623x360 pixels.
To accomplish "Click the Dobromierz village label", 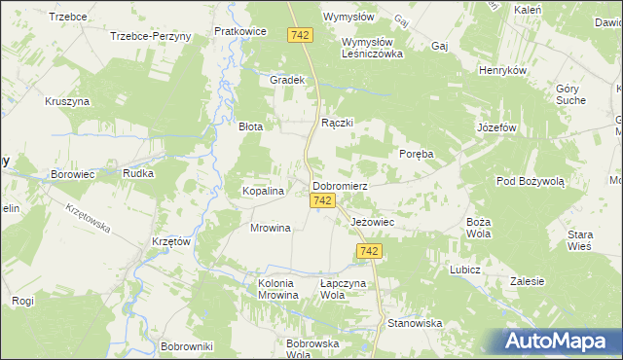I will click(339, 185).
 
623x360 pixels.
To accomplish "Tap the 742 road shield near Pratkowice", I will click(300, 35).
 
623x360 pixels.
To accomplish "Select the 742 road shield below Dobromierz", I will click(325, 200).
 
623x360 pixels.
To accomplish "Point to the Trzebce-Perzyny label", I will click(151, 35).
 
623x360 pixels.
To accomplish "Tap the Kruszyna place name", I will click(67, 101).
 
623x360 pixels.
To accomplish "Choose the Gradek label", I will click(288, 80).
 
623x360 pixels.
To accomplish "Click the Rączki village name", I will click(337, 124).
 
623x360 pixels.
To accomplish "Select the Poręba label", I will click(416, 154).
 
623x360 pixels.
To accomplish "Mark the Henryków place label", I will click(503, 71).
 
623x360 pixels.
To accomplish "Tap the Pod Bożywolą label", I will click(530, 182).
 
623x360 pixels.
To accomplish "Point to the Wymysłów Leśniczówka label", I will click(372, 49).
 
